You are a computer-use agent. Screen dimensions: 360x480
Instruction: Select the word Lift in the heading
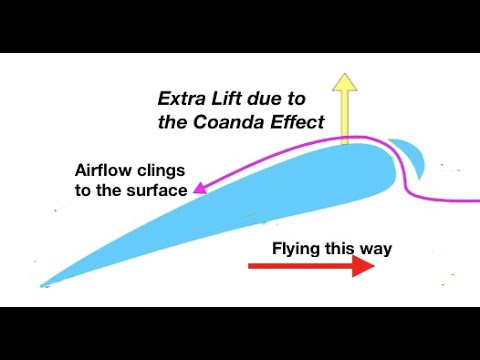pyautogui.click(x=229, y=100)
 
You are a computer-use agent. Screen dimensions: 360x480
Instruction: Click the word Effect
pyautogui.click(x=296, y=123)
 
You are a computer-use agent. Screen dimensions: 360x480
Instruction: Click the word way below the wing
pyautogui.click(x=373, y=248)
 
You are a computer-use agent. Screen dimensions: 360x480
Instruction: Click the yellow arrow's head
pyautogui.click(x=345, y=83)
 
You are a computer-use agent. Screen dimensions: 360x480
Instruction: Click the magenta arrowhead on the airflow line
pyautogui.click(x=199, y=186)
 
